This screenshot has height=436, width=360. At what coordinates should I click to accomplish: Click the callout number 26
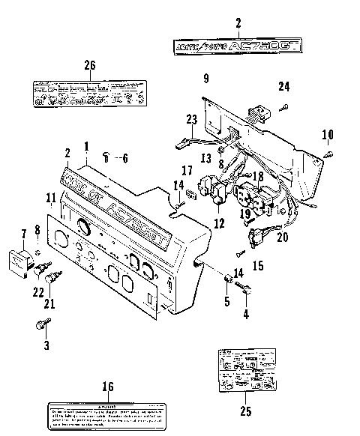[90, 66]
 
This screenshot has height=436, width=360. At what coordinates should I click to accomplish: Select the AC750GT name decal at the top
[238, 46]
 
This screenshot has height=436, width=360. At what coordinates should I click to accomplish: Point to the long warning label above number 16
[107, 414]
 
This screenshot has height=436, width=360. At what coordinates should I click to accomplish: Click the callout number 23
[191, 118]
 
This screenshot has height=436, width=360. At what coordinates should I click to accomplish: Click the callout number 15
[258, 265]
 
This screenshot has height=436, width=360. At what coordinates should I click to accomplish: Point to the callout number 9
[205, 77]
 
